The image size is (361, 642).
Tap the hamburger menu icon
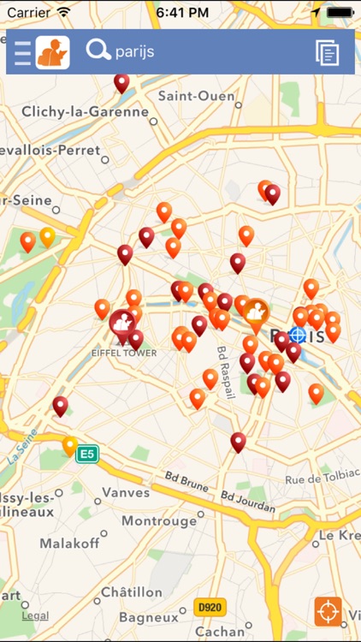coord(22,52)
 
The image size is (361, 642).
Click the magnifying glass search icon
coord(98,51)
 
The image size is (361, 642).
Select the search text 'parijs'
coord(135,52)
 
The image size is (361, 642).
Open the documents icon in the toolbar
coord(327,52)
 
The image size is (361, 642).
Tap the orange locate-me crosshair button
coord(328,611)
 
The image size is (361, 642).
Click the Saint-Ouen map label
coord(196,96)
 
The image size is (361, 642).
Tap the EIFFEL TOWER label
coord(123,352)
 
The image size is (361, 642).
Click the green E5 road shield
coord(86,454)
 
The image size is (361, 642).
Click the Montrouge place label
coord(158,520)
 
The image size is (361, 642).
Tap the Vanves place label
coord(126,492)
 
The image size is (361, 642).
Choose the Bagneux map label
coord(149,616)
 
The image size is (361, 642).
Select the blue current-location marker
coord(298,335)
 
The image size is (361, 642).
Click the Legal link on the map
coord(35,615)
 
